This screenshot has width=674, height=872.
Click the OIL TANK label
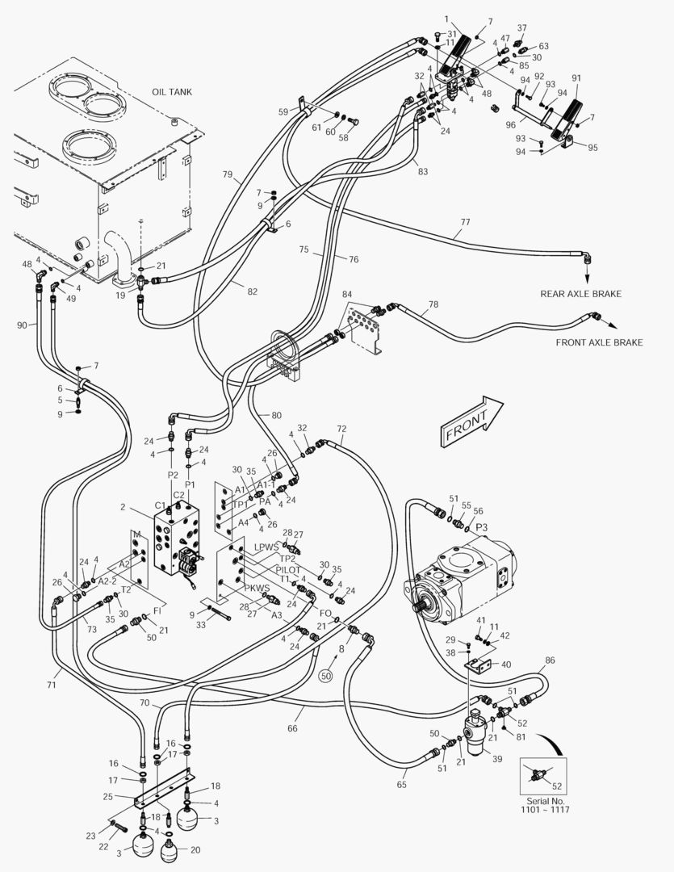(172, 92)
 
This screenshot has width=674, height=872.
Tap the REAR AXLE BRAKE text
(580, 294)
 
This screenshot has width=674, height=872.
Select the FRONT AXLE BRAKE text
(599, 342)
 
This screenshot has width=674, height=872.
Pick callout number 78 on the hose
(433, 304)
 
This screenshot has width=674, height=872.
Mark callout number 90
(22, 325)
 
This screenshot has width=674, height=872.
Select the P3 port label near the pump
(481, 526)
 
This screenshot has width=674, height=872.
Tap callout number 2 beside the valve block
(123, 507)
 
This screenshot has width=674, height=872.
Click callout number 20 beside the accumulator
(195, 849)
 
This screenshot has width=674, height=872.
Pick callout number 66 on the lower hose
(292, 728)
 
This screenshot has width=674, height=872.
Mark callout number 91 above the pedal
(576, 78)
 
